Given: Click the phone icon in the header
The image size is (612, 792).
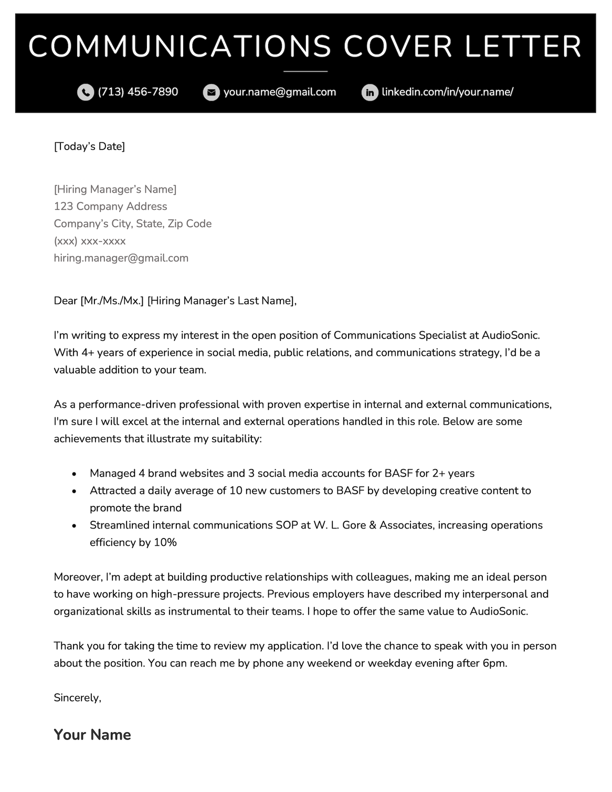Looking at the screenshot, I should (x=85, y=92).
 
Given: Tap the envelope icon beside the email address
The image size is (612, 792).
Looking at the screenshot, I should (x=211, y=92).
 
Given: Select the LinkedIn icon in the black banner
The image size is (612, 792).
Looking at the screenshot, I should (x=370, y=92).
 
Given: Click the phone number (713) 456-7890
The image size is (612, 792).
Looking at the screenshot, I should (x=138, y=92).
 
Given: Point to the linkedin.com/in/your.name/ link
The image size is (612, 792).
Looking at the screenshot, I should (x=447, y=92).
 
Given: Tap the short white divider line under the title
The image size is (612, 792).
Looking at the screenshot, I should (x=305, y=71).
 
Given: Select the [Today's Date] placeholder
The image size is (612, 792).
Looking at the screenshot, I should (x=89, y=146).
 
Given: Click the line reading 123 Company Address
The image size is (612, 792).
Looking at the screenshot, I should (x=110, y=206).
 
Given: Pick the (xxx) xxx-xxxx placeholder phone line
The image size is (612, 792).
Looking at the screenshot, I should (x=90, y=241).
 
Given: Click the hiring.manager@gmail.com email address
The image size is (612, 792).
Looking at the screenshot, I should (x=121, y=258).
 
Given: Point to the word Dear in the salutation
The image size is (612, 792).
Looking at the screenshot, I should (x=65, y=301).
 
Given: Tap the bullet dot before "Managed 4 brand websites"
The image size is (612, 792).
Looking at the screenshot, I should (x=75, y=474).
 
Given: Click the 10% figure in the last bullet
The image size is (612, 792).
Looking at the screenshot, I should (x=165, y=543).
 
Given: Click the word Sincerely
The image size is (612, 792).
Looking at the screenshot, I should (x=77, y=698).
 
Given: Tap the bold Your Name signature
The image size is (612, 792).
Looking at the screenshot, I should (x=92, y=735).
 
